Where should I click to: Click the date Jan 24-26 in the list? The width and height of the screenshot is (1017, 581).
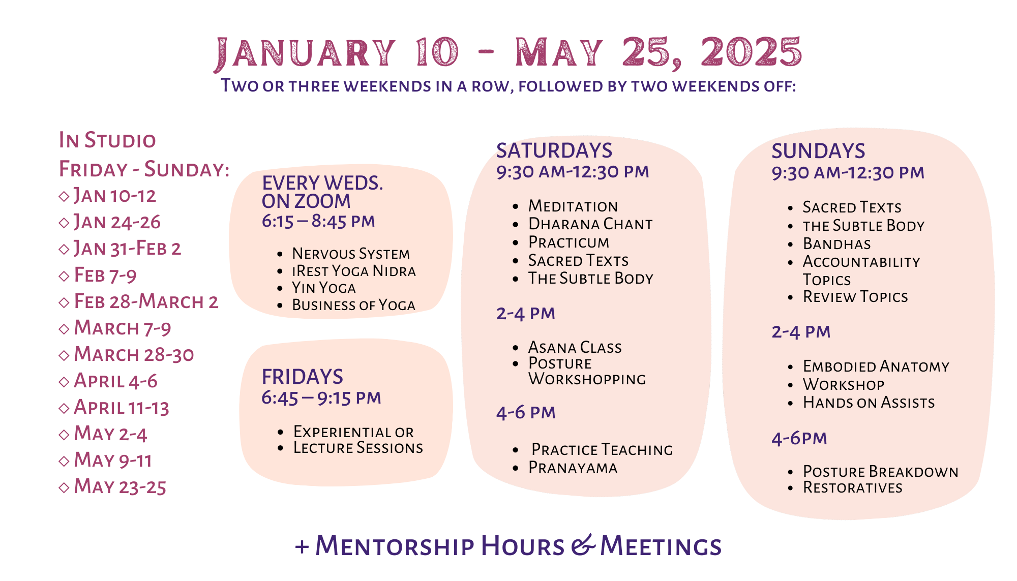pos(117,222)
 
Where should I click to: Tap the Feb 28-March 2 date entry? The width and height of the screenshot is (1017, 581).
pos(146,301)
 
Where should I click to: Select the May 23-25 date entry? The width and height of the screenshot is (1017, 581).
pos(120,486)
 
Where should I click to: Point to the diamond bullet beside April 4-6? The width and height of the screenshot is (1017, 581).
pos(64,382)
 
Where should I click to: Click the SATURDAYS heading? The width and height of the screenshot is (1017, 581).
pos(554,150)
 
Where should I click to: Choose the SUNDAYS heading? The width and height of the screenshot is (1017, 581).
pos(818,151)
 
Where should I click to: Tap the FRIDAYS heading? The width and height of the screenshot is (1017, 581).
pos(303,377)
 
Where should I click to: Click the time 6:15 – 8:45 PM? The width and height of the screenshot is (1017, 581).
pos(318,221)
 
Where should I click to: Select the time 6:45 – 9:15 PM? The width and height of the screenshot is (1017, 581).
pos(321,398)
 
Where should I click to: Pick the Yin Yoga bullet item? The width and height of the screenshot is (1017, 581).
pos(324,288)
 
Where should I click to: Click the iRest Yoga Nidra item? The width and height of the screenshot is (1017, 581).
pos(354,271)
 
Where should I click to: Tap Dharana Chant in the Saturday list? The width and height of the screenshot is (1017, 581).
pos(590,224)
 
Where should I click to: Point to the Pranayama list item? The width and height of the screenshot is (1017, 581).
pos(573,467)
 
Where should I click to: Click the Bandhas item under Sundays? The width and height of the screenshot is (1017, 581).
pos(837,244)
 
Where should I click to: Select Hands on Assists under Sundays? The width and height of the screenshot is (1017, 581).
pos(869,403)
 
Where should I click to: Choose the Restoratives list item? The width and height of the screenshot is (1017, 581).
pos(853,487)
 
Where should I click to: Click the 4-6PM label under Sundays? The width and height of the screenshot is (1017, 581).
pos(799,438)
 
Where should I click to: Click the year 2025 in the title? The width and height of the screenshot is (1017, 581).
pos(751,52)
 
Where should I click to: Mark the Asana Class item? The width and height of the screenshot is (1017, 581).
pos(575,347)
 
